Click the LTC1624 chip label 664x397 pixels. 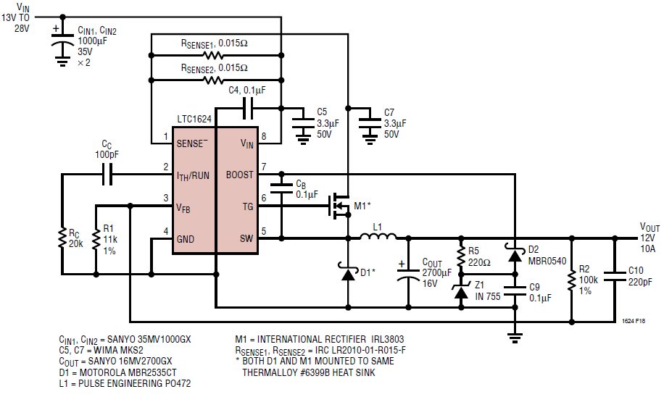[194, 117]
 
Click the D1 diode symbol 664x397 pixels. [348, 272]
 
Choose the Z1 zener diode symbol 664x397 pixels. [461, 293]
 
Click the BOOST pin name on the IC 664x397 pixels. [240, 175]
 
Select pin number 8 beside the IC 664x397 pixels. [264, 135]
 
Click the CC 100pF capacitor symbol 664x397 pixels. [107, 174]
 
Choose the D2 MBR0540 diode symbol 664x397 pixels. [514, 255]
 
